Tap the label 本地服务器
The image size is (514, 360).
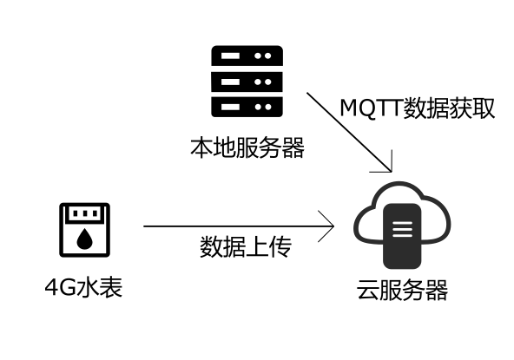coord(247,147)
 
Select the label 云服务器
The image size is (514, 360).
coord(402,290)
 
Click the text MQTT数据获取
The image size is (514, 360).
coord(418,109)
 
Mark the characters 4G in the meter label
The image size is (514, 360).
coord(60,287)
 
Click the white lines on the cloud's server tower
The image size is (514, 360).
coord(402,230)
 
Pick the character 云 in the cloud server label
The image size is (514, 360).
coord(368,290)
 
